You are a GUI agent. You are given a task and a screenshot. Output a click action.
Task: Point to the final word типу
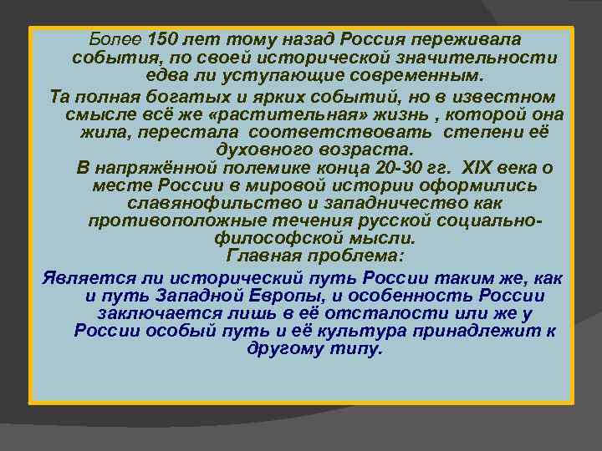click(x=355, y=348)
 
